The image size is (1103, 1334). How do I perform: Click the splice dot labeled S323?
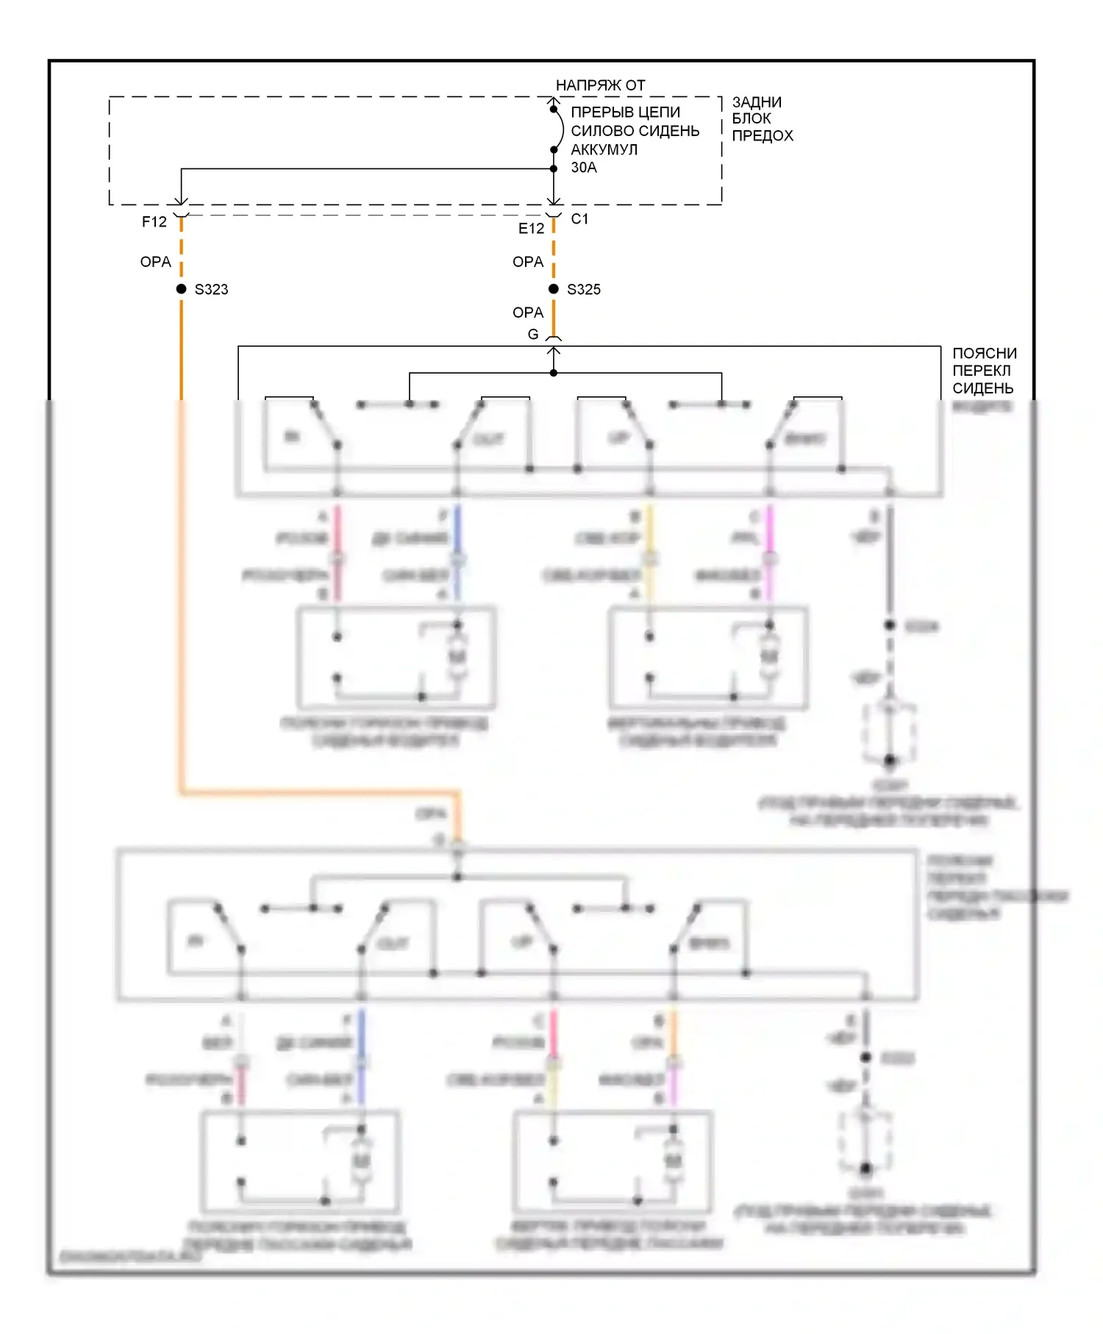point(181,289)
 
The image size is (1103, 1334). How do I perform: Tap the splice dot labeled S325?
point(554,289)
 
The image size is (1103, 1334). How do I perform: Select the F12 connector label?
point(154,221)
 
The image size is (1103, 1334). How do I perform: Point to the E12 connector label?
point(531,229)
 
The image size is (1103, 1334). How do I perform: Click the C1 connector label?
point(579,218)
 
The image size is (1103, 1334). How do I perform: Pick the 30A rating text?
point(584,168)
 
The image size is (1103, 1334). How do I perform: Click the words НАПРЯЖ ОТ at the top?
point(600,85)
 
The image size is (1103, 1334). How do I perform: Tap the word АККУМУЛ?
point(604,149)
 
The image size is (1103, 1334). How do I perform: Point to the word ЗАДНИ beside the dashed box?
point(756,102)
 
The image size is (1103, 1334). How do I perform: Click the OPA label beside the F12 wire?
point(155,262)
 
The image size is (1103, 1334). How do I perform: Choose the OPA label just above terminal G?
point(527,313)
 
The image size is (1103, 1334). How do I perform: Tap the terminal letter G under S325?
point(533,335)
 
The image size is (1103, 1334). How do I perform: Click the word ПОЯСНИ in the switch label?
point(984,354)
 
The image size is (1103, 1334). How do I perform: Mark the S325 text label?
point(584,290)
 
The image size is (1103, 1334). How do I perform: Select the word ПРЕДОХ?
point(763,136)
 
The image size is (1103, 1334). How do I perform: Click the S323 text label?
point(211,290)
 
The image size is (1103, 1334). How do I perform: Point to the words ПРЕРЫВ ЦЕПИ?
point(625,113)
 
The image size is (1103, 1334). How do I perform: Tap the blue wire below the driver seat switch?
point(457,537)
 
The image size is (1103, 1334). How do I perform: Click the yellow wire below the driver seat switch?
point(649,537)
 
